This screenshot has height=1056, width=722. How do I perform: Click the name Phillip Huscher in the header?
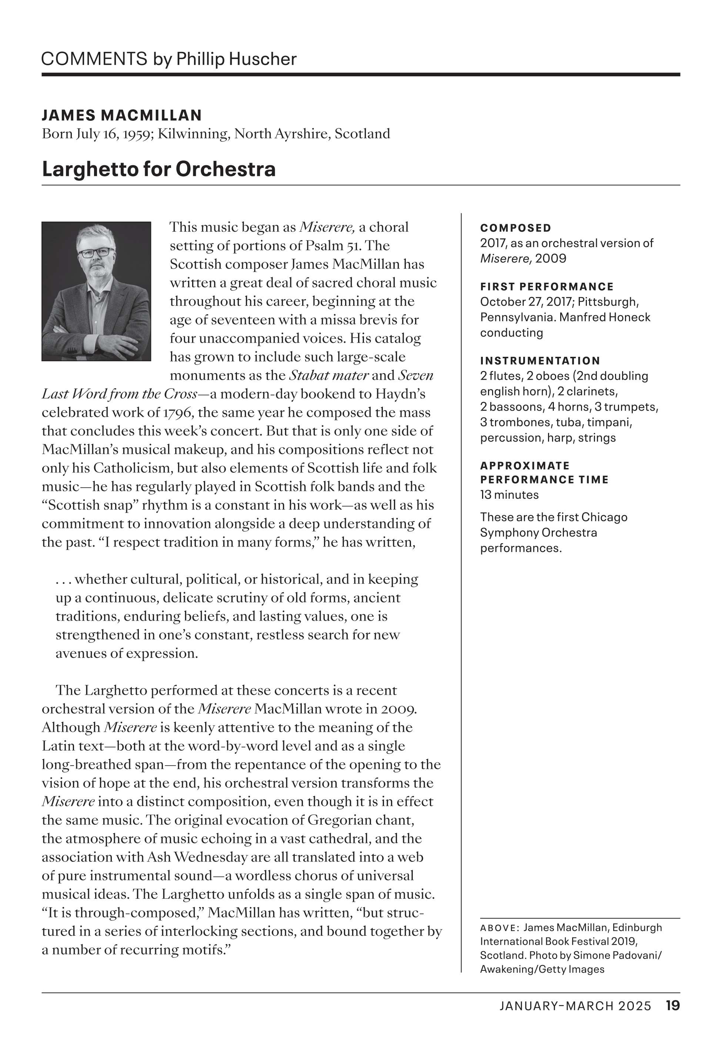pyautogui.click(x=236, y=59)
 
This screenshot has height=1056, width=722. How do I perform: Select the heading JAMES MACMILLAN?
pyautogui.click(x=122, y=115)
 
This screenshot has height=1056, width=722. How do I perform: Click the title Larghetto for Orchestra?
pyautogui.click(x=158, y=169)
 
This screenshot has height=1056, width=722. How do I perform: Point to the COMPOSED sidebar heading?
pyautogui.click(x=516, y=228)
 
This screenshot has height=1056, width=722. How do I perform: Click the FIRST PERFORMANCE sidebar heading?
pyautogui.click(x=547, y=287)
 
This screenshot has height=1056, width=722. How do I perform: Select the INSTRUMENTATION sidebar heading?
pyautogui.click(x=540, y=361)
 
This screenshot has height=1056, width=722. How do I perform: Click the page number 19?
pyautogui.click(x=672, y=1006)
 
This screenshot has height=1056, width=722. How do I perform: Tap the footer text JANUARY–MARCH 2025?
pyautogui.click(x=575, y=1006)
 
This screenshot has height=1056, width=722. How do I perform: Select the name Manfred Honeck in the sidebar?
pyautogui.click(x=604, y=317)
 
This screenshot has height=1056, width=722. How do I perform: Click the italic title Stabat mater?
pyautogui.click(x=329, y=375)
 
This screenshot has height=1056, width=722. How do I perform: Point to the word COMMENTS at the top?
pyautogui.click(x=94, y=59)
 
